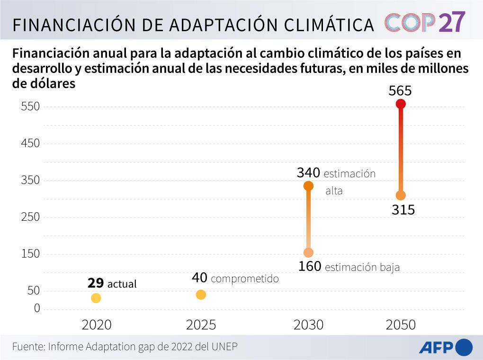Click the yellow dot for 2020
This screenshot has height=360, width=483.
pyautogui.click(x=96, y=298)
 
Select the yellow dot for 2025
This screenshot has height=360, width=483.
pyautogui.click(x=201, y=295)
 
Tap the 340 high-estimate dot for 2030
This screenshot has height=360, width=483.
pyautogui.click(x=308, y=186)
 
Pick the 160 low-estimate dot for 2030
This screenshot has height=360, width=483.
pyautogui.click(x=308, y=252)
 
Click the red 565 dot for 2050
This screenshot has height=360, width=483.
pyautogui.click(x=401, y=104)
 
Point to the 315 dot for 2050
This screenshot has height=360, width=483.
pyautogui.click(x=401, y=195)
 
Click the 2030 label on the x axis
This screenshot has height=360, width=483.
pyautogui.click(x=308, y=325)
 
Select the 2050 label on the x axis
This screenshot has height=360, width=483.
pyautogui.click(x=401, y=325)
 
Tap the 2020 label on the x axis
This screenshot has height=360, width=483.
pyautogui.click(x=97, y=325)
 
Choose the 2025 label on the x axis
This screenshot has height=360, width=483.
pyautogui.click(x=201, y=325)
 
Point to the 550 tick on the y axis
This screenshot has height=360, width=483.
pyautogui.click(x=30, y=107)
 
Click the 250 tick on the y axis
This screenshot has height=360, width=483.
pyautogui.click(x=30, y=217)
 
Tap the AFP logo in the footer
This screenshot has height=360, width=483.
pyautogui.click(x=445, y=347)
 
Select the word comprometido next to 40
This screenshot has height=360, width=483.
pyautogui.click(x=244, y=279)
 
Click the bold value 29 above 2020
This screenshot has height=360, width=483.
pyautogui.click(x=95, y=283)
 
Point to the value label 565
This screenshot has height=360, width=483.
pyautogui.click(x=400, y=90)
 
